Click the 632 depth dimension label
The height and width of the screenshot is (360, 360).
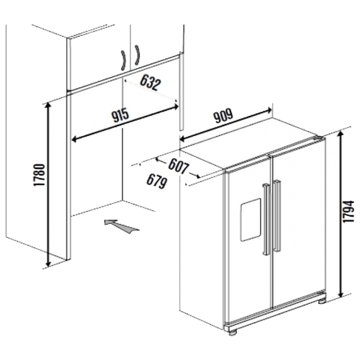pyautogui.click(x=150, y=82)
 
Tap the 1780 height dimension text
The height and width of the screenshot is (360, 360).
pyautogui.click(x=39, y=175)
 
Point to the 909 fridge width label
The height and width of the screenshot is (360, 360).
pyautogui.click(x=223, y=115)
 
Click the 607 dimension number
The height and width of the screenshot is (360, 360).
pyautogui.click(x=179, y=166)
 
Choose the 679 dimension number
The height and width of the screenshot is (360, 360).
pyautogui.click(x=157, y=181)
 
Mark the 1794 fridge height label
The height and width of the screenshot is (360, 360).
pyautogui.click(x=348, y=212)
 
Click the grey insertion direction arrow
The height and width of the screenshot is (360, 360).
pyautogui.click(x=122, y=226)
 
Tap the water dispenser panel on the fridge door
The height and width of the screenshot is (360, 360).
pyautogui.click(x=251, y=220)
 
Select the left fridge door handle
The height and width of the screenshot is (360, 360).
pyautogui.click(x=266, y=219)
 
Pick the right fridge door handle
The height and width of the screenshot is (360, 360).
pyautogui.click(x=277, y=216)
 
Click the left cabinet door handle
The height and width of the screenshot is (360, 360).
pyautogui.click(x=124, y=60)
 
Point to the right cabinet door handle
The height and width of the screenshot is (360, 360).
pyautogui.click(x=137, y=55)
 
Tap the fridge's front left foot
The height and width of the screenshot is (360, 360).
pyautogui.click(x=232, y=333)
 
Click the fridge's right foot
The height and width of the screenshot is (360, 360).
pyautogui.click(x=322, y=301)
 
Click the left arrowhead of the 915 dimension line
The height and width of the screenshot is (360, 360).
pyautogui.click(x=75, y=139)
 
